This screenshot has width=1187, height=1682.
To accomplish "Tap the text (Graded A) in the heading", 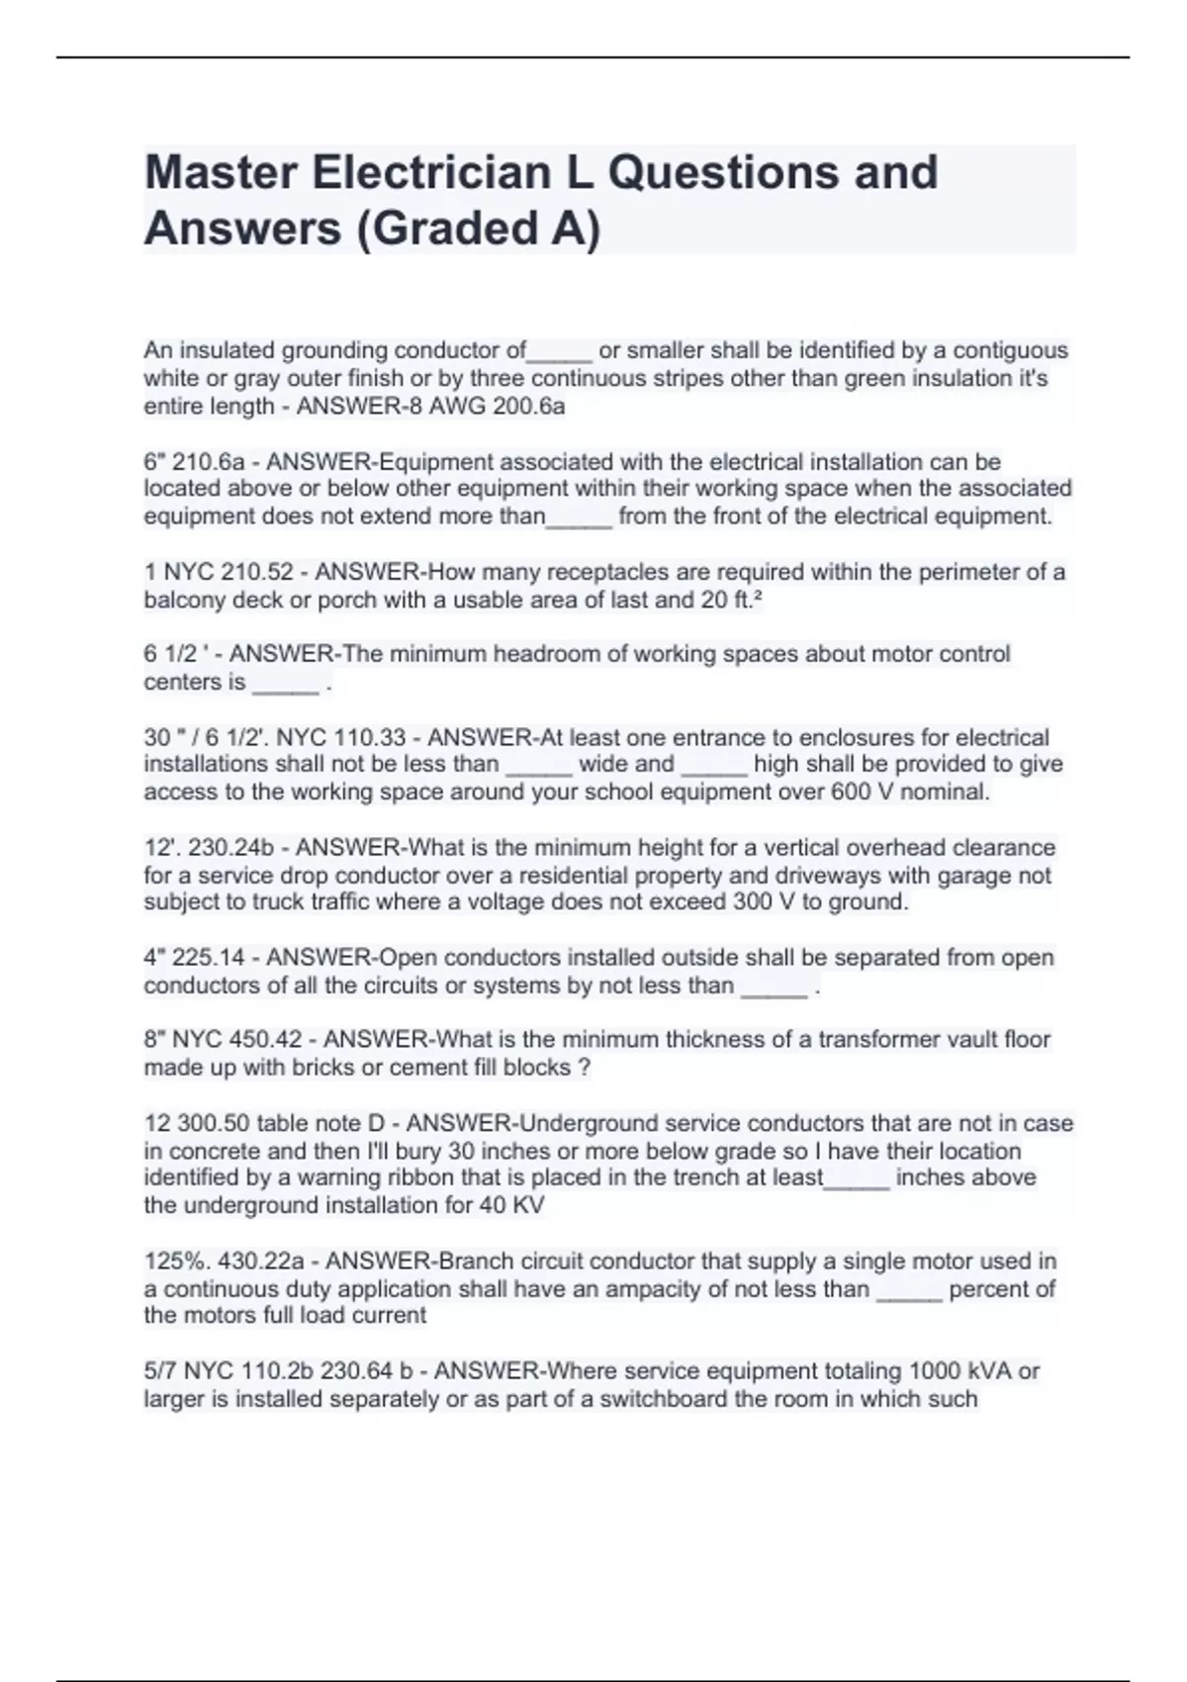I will coord(479,229).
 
